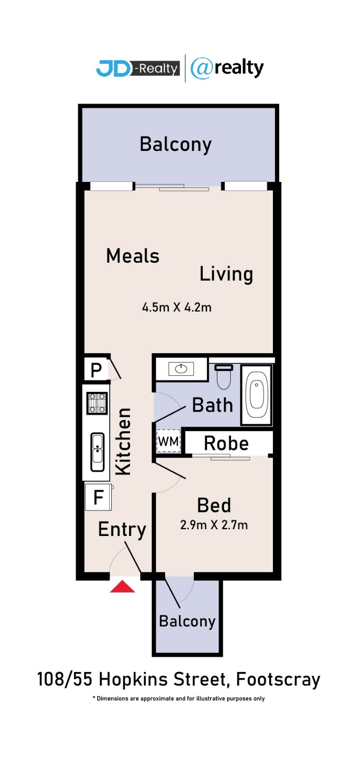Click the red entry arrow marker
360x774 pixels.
point(122,586)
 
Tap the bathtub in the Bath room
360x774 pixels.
point(256,395)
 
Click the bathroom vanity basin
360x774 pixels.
point(181,369)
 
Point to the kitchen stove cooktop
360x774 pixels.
point(97,403)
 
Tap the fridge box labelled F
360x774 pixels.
point(98,497)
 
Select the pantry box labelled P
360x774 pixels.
point(96,370)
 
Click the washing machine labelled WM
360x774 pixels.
point(168,441)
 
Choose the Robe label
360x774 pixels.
point(226,443)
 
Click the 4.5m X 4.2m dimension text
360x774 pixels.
point(177,307)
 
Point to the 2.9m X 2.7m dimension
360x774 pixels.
point(214,525)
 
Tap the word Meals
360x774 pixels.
point(133,256)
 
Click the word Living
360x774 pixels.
point(226,275)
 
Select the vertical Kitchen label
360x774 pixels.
point(123,441)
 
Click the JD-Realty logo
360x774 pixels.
point(138,68)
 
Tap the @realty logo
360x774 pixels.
point(227,68)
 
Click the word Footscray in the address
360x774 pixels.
point(278,680)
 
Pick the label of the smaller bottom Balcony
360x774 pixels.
point(187,621)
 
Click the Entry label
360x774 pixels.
point(122,529)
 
